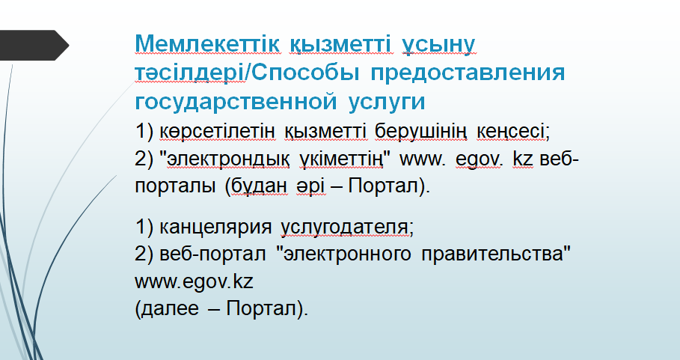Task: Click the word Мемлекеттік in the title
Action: (x=207, y=43)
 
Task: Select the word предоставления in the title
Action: (x=468, y=73)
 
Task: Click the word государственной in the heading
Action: (x=236, y=102)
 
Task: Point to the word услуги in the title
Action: (x=387, y=103)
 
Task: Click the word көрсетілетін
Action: (x=217, y=131)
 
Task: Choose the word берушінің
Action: (x=421, y=132)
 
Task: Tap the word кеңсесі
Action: (x=510, y=132)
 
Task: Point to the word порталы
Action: (x=175, y=187)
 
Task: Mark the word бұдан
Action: (x=259, y=186)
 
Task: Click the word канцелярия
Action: (x=215, y=228)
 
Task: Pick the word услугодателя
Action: (x=345, y=228)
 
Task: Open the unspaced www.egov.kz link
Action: (x=194, y=282)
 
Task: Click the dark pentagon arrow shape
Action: (x=34, y=45)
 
